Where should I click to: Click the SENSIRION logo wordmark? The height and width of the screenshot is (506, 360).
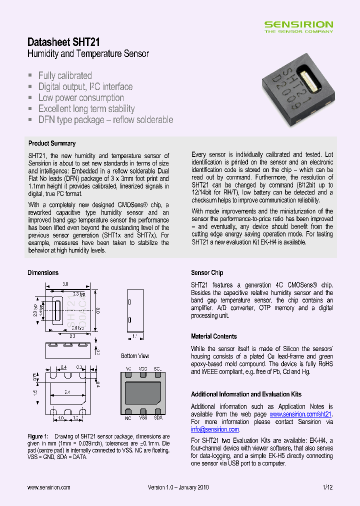point(298,24)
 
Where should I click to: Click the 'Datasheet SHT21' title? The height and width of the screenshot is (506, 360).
point(63,42)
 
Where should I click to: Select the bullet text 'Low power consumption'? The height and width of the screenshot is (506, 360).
point(81,98)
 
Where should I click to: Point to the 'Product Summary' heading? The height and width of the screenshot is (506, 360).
point(52,143)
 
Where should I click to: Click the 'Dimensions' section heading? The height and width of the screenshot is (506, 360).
point(43,272)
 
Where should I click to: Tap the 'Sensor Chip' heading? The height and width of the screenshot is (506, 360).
point(207,272)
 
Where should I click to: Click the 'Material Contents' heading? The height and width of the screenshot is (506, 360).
point(214,336)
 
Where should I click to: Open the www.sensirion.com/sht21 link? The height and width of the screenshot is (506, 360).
point(300,414)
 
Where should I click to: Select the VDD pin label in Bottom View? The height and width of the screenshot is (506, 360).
point(142,368)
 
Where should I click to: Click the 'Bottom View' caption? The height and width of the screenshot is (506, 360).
point(135,356)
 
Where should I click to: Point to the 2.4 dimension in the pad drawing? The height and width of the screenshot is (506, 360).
point(67,392)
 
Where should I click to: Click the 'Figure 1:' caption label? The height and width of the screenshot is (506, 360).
point(38,436)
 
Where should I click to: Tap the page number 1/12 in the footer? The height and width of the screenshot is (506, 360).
point(327,487)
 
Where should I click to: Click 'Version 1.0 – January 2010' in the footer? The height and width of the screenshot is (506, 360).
point(178,487)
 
